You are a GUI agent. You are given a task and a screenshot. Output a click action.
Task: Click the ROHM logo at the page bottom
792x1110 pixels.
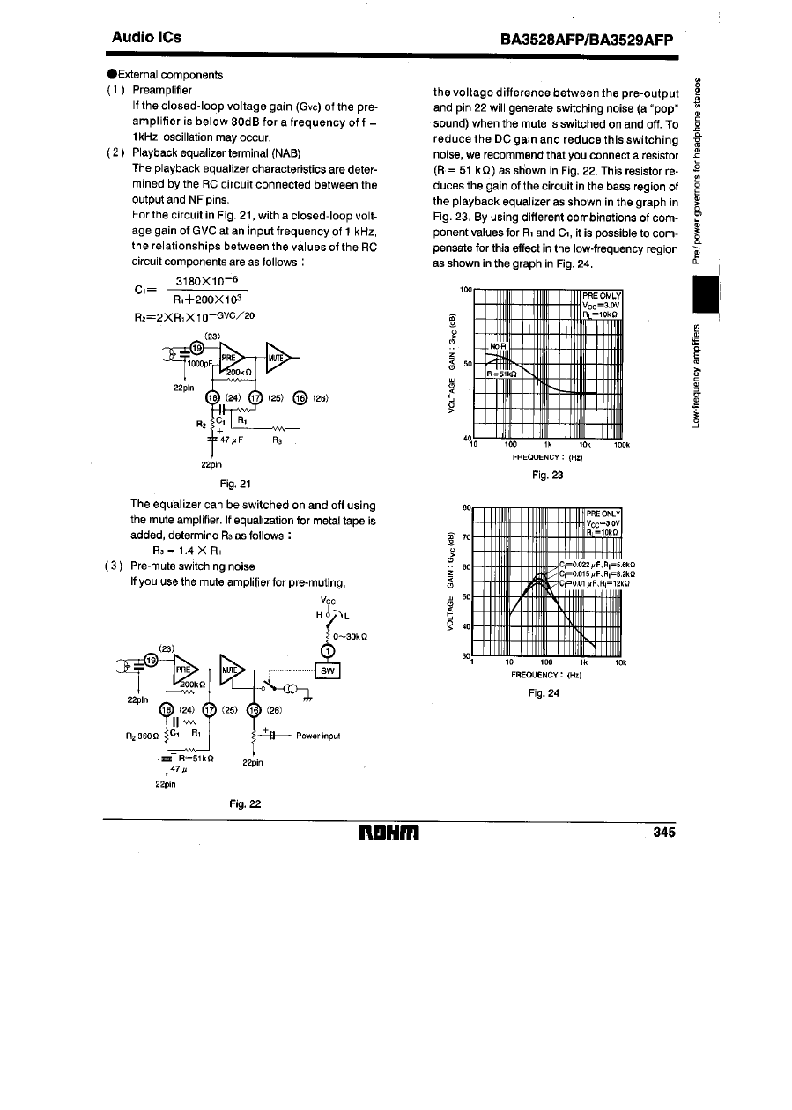click(394, 832)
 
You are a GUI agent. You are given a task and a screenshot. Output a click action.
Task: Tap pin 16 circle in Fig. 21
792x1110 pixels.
click(300, 396)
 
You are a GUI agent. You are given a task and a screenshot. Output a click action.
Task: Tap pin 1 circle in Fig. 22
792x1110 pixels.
click(327, 651)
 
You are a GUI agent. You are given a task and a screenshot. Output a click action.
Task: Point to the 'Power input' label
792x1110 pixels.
click(318, 736)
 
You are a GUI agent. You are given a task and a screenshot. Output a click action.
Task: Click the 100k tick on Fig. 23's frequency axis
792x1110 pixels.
click(621, 444)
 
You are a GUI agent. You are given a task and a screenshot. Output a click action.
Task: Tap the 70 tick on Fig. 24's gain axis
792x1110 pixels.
click(466, 536)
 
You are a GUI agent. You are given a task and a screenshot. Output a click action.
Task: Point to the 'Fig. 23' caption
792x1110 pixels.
click(546, 476)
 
